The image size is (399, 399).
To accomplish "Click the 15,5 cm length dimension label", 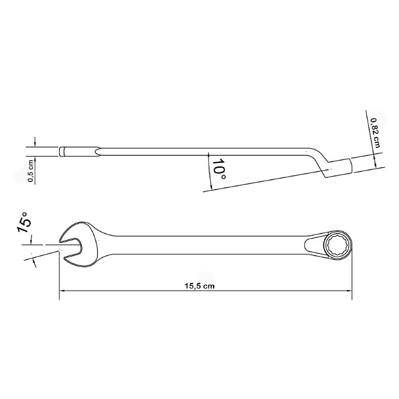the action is pyautogui.click(x=199, y=286).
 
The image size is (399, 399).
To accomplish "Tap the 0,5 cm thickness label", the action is pyautogui.click(x=31, y=171).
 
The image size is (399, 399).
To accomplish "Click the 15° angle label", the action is pyautogui.click(x=24, y=222).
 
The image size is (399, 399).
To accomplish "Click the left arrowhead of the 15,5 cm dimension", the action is pyautogui.click(x=62, y=290).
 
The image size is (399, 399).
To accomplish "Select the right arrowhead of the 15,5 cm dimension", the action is pyautogui.click(x=349, y=290).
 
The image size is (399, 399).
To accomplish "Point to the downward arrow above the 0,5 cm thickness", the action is pyautogui.click(x=35, y=142).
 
